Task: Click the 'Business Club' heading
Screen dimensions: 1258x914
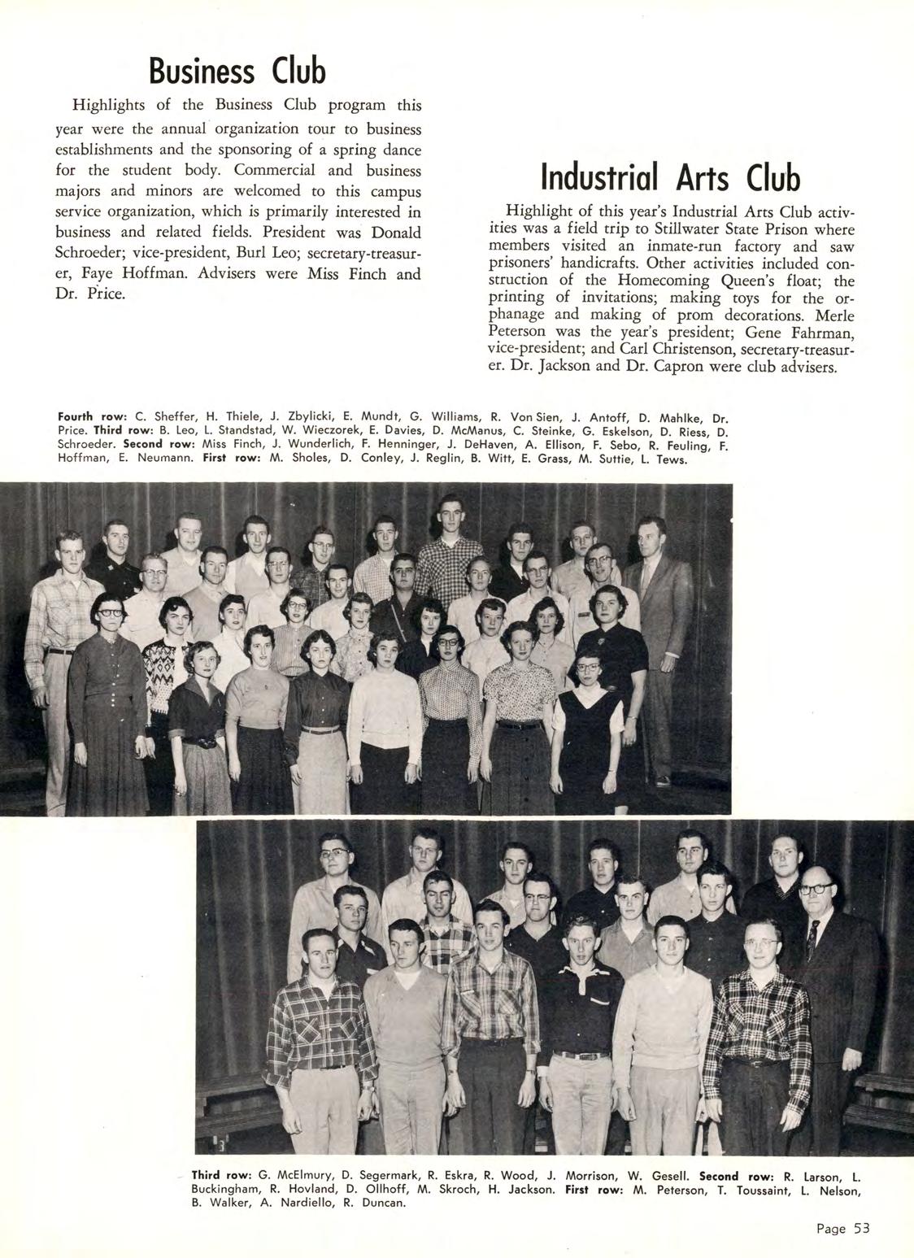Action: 237,71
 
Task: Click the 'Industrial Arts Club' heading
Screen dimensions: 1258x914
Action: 670,178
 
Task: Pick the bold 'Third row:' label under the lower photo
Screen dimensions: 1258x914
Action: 220,1175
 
